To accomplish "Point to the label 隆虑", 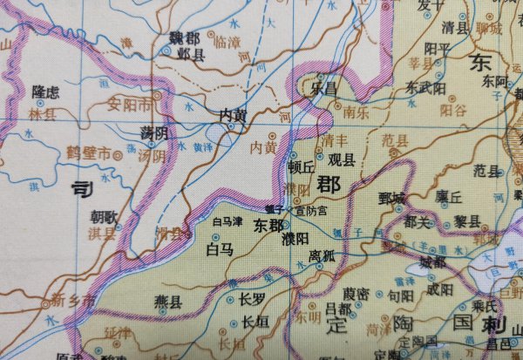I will pyautogui.click(x=45, y=91).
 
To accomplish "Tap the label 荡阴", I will pyautogui.click(x=154, y=132).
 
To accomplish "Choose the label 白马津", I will pyautogui.click(x=228, y=222).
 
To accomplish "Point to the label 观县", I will pyautogui.click(x=342, y=160).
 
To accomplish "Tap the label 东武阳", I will pyautogui.click(x=425, y=88).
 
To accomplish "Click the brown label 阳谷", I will pyautogui.click(x=453, y=111).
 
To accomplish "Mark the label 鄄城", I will pyautogui.click(x=392, y=198).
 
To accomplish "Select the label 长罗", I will pyautogui.click(x=251, y=299).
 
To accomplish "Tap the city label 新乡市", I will pyautogui.click(x=70, y=301).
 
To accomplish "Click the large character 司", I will pyautogui.click(x=80, y=187).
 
